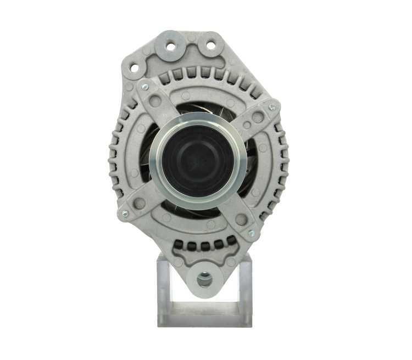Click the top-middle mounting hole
click(x=171, y=47)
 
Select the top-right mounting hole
click(x=210, y=45)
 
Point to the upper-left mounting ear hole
click(x=133, y=69)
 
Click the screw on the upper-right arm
click(x=271, y=108)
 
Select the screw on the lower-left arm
click(x=125, y=213)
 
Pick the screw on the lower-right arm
click(x=250, y=233)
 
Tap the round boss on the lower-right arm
click(x=241, y=220)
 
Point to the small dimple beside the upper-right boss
click(x=247, y=125)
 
